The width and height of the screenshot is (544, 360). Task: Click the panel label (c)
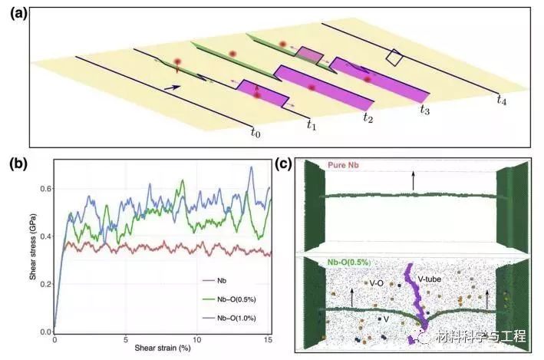pyautogui.click(x=285, y=163)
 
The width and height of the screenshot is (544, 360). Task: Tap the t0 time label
pyautogui.click(x=256, y=134)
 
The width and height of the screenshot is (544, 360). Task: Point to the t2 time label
pyautogui.click(x=368, y=117)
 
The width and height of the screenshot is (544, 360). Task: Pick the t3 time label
pyautogui.click(x=424, y=109)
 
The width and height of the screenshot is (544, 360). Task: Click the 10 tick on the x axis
pyautogui.click(x=197, y=339)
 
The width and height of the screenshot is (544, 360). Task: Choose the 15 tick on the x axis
pyautogui.click(x=268, y=339)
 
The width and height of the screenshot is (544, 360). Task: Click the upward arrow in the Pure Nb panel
pyautogui.click(x=412, y=180)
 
